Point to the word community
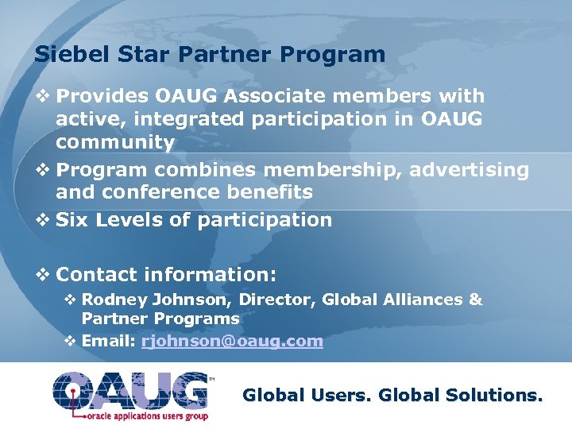(x=115, y=143)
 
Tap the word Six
(x=72, y=220)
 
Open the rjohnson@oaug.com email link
(x=232, y=342)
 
